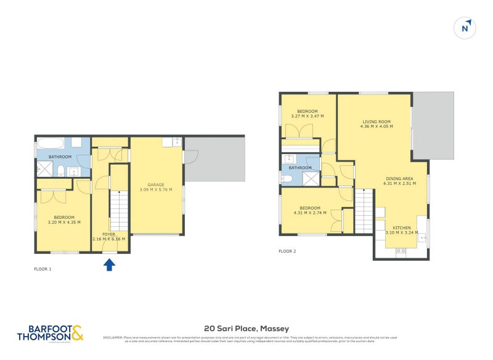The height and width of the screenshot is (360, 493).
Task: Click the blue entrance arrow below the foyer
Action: [109, 264]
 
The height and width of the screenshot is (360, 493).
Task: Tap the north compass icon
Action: [465, 28]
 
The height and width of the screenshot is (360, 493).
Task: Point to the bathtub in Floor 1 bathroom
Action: [51, 143]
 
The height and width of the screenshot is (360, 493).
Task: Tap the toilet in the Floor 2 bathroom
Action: [287, 179]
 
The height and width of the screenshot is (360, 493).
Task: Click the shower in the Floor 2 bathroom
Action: [312, 178]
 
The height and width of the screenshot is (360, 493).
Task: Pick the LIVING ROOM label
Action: [376, 121]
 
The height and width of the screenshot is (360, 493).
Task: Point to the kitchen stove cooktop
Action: [401, 250]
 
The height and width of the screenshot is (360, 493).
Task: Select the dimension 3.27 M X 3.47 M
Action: [308, 117]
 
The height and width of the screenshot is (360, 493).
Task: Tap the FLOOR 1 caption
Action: [43, 269]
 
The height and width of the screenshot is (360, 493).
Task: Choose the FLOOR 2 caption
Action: [287, 251]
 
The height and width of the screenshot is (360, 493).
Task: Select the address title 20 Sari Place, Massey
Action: [246, 329]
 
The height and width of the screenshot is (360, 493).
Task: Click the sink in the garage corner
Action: [177, 142]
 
